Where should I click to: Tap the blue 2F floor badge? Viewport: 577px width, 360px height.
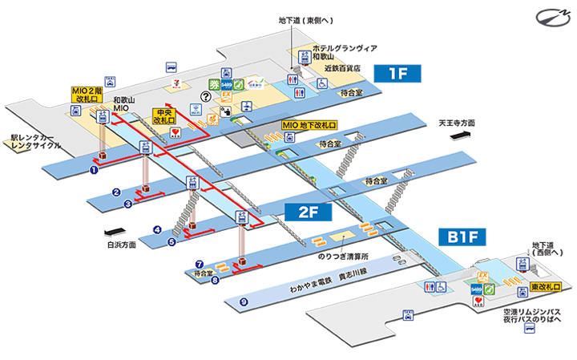pyautogui.click(x=302, y=212)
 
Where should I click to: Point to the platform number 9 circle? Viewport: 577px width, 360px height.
pyautogui.click(x=244, y=301)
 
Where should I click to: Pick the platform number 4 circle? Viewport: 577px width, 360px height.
pyautogui.click(x=158, y=229)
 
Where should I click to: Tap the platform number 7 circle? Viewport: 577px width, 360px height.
pyautogui.click(x=199, y=262)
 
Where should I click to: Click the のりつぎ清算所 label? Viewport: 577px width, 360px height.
pyautogui.click(x=341, y=256)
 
